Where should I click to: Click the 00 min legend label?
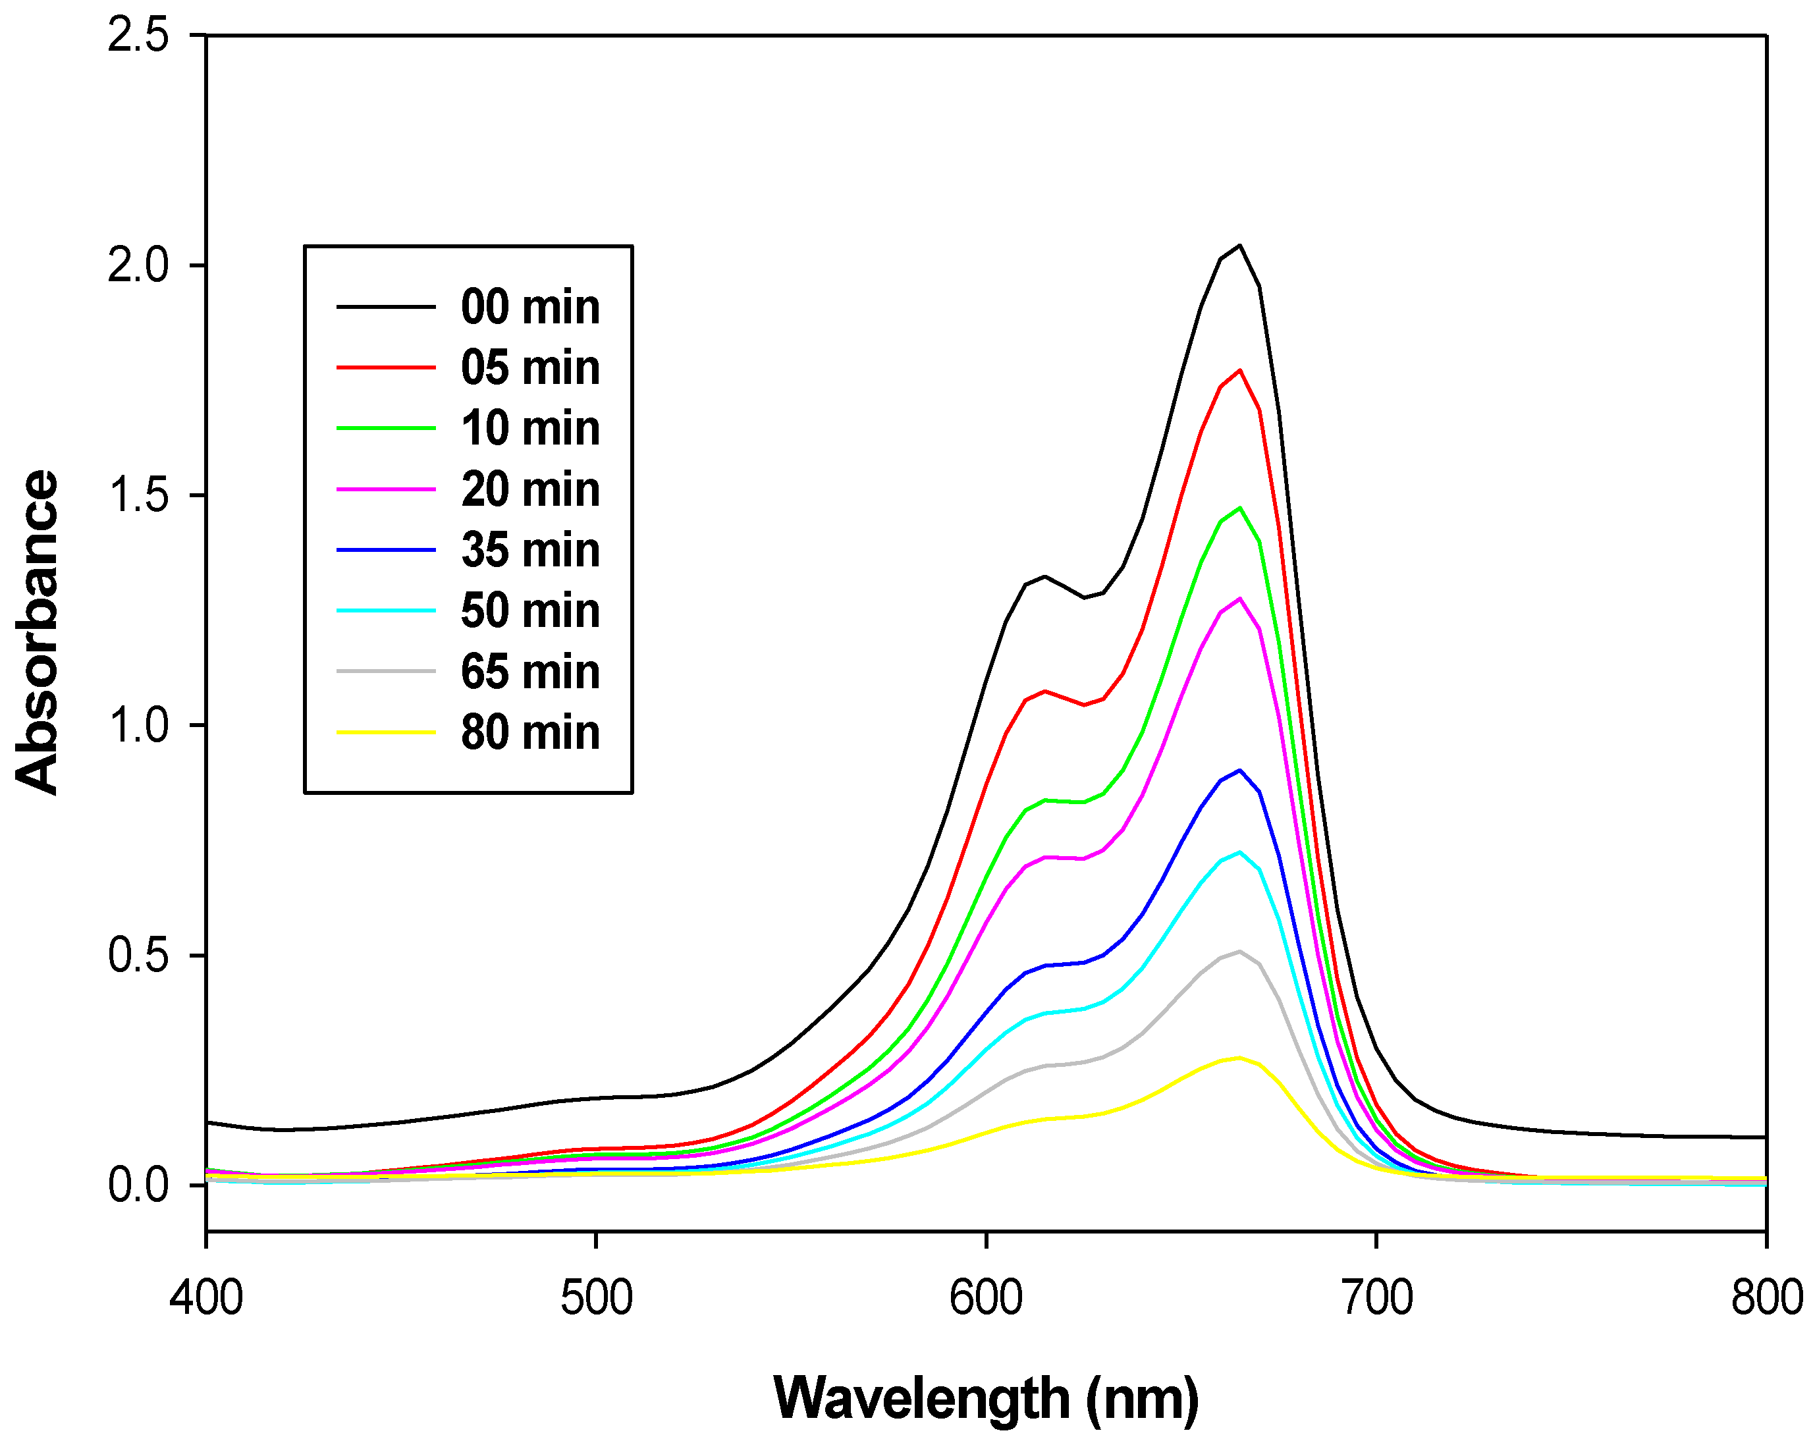click(529, 307)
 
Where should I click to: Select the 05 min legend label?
click(529, 367)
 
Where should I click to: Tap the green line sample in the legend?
click(386, 428)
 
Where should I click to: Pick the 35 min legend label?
click(529, 550)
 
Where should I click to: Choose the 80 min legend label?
click(529, 732)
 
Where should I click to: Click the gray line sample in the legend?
click(386, 671)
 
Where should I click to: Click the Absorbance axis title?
click(38, 632)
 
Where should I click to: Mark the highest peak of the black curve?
click(1239, 246)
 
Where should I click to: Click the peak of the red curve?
click(1239, 370)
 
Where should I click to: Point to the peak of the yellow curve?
click(1238, 1058)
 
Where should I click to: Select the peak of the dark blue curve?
click(1239, 771)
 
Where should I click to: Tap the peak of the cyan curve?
click(1239, 852)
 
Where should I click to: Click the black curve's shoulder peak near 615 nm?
click(1044, 576)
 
